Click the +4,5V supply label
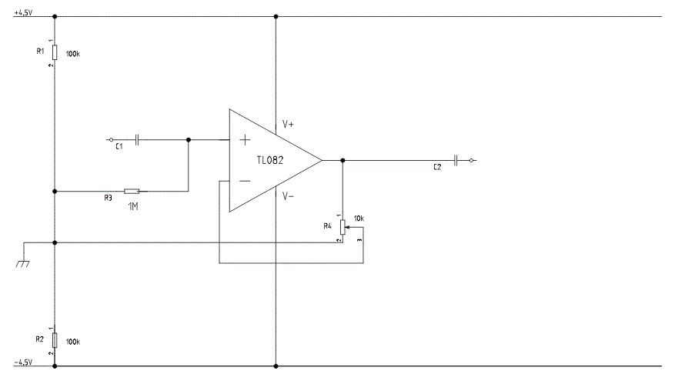coord(23,12)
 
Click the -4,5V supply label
coord(23,362)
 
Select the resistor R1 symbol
coord(55,52)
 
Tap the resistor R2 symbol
coord(55,339)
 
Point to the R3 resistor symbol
coord(132,191)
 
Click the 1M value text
coord(133,207)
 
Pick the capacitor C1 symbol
coord(137,139)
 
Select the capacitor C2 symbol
coord(456,161)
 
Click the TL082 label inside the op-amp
coord(270,160)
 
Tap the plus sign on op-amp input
coord(245,139)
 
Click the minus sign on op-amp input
coord(245,182)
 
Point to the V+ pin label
coord(288,125)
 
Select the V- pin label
coord(288,196)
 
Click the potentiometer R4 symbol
coord(343,227)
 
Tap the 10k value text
coord(359,219)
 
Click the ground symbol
coord(23,263)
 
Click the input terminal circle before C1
coord(111,140)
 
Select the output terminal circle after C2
coord(471,161)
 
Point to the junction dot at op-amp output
coord(343,161)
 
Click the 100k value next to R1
coord(73,54)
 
